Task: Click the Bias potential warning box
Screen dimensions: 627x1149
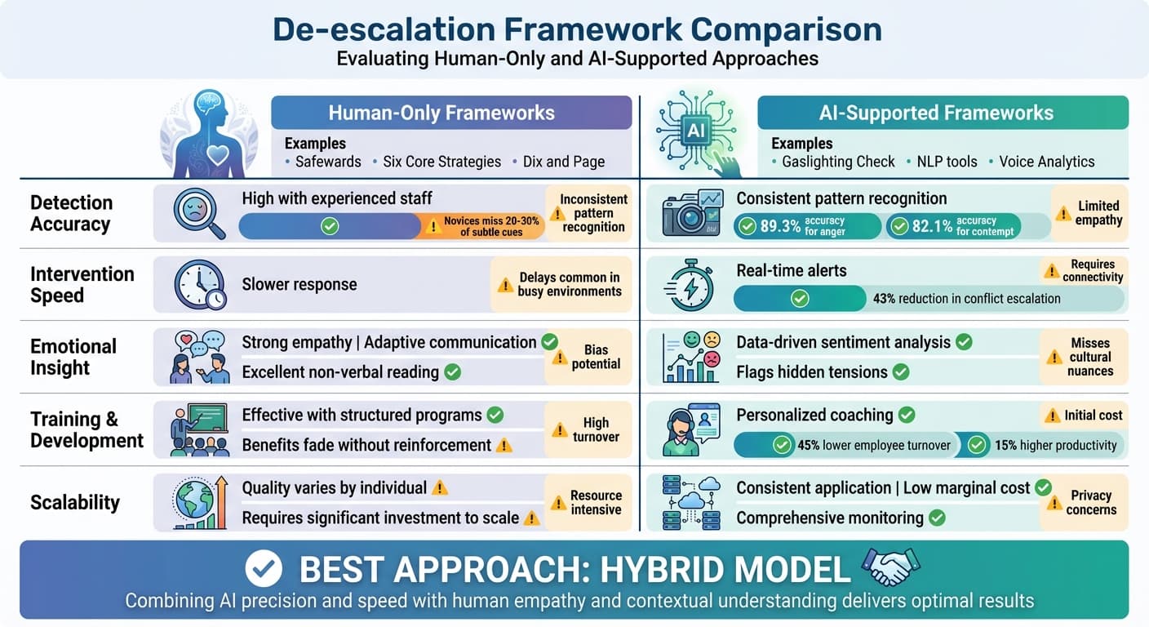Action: (588, 357)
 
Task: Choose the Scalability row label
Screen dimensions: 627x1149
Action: (75, 502)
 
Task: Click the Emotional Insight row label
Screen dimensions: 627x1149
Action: (73, 357)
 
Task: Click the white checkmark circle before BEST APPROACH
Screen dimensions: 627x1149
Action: (263, 568)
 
